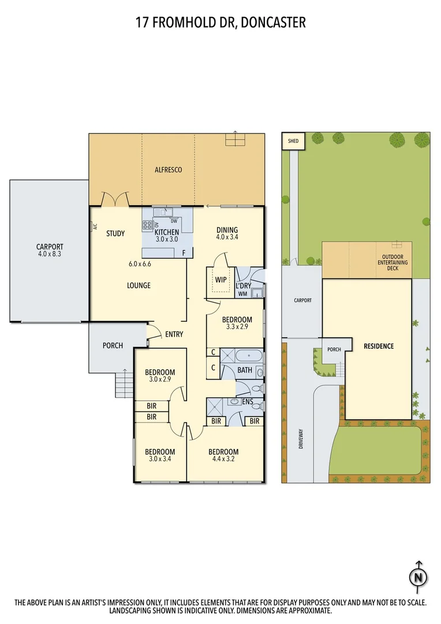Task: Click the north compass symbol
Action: (419, 576)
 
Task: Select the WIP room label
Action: (220, 280)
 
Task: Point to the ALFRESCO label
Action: (169, 170)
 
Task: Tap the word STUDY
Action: (115, 234)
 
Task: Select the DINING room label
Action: (227, 229)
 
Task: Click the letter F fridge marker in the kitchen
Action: (184, 252)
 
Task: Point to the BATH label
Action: (245, 370)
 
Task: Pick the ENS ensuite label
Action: (248, 401)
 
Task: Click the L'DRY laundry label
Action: (243, 285)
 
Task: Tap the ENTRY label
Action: (174, 334)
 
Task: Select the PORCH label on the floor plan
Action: (113, 346)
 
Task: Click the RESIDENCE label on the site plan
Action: (379, 346)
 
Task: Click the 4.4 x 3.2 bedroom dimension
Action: (223, 460)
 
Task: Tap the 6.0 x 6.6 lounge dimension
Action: (139, 264)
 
